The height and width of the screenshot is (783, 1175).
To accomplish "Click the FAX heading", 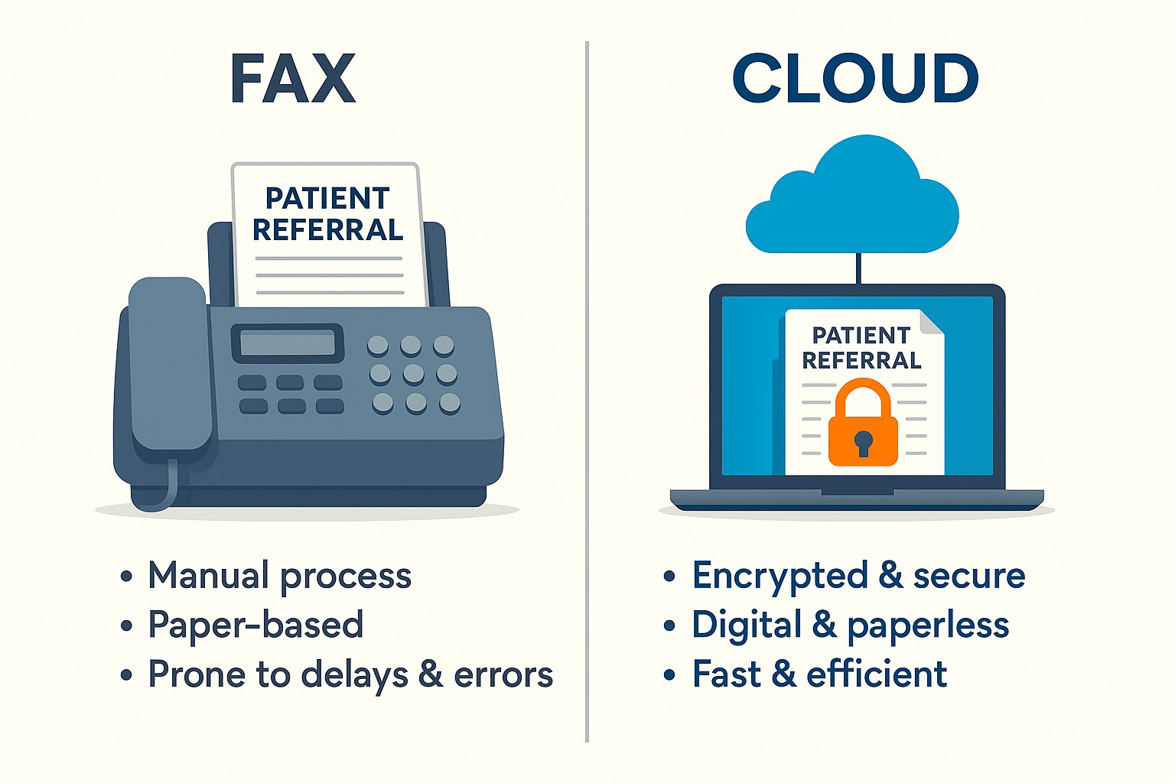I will pos(293,79).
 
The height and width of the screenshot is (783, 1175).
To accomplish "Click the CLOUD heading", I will pos(855,79).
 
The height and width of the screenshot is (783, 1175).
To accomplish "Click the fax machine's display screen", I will pos(288,343).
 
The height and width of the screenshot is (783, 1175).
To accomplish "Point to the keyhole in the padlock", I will pos(863,442).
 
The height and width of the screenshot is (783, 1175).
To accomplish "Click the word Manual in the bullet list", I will pos(208,576).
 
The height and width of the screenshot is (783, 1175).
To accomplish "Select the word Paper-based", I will pos(256,625).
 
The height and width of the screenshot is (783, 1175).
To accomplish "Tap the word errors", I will pos(503,674).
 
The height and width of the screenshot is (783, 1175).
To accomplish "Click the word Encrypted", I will pos(780,576).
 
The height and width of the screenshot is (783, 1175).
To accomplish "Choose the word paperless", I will pos(928,625).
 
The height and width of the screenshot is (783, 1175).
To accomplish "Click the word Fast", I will pos(727,674).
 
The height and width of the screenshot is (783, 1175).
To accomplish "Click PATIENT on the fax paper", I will pos(327,199).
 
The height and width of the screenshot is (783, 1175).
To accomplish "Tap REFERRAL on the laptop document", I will pos(861,360).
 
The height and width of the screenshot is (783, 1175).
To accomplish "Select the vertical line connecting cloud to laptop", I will pos(858,268).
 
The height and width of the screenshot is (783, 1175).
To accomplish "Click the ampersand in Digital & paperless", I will pos(824,625).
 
